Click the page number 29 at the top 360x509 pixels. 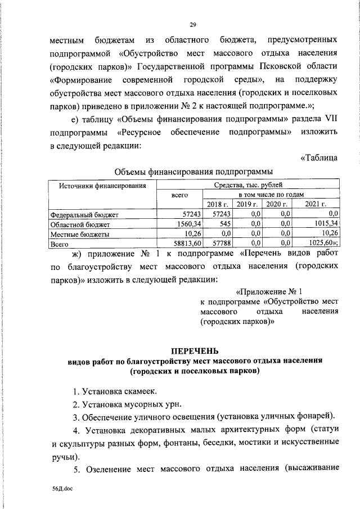192,25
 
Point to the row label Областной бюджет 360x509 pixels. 74,224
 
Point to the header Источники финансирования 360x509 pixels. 101,184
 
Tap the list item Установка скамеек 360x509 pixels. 115,391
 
